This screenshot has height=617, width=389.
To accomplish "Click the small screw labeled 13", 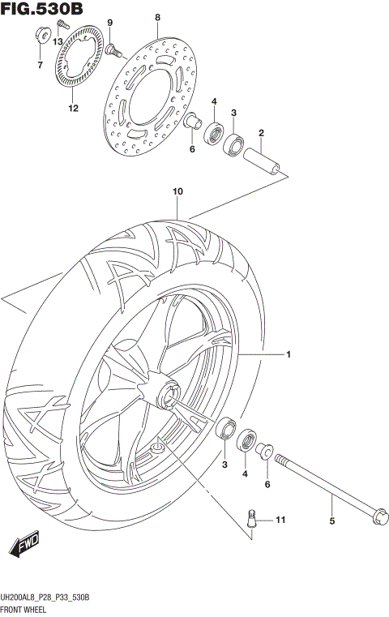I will pos(61,26).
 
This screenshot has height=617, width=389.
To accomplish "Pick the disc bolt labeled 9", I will pos(113,50).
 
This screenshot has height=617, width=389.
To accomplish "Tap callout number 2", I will pos(261,133).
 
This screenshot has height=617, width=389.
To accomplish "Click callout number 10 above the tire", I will pos(177,191).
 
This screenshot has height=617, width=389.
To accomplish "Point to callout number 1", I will pos(287,354).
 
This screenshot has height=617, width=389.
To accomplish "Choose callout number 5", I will pos(331,521).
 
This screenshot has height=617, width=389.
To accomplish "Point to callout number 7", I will pos(38,65).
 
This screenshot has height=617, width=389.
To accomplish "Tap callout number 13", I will pos(58,41).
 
